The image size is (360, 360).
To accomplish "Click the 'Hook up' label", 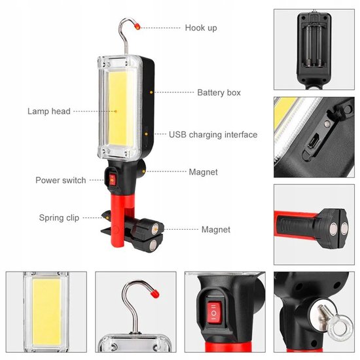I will pyautogui.click(x=200, y=28).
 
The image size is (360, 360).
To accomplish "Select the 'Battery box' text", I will pyautogui.click(x=219, y=93).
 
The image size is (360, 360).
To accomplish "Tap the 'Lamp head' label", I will pyautogui.click(x=48, y=111).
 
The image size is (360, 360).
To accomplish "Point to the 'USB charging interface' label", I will pyautogui.click(x=213, y=135).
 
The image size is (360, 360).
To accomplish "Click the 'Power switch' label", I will pyautogui.click(x=60, y=180).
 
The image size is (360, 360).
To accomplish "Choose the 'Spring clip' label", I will pyautogui.click(x=60, y=218).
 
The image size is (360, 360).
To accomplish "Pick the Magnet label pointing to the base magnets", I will pyautogui.click(x=215, y=230).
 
